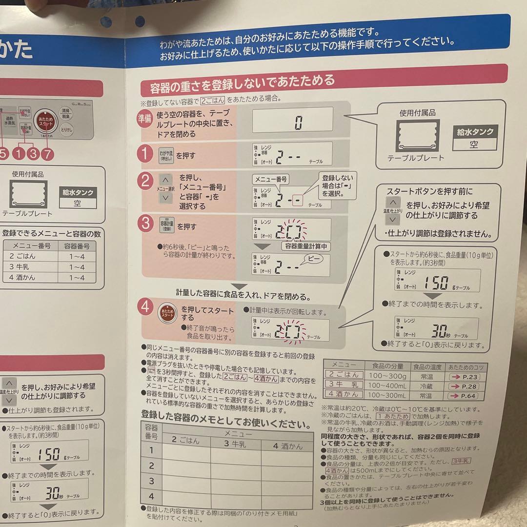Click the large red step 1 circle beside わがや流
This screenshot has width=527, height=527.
(145, 155)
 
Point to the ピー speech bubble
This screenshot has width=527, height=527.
(311, 260)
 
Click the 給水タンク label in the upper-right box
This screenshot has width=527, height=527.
(475, 131)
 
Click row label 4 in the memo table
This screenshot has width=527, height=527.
(151, 496)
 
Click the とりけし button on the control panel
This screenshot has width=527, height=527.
(66, 129)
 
